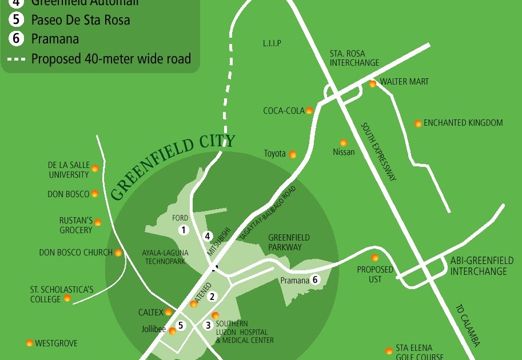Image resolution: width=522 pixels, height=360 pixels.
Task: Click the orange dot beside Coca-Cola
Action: (309, 111)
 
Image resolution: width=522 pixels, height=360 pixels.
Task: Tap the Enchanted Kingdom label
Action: (463, 123)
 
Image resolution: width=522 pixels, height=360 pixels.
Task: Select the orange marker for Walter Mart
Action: (373, 84)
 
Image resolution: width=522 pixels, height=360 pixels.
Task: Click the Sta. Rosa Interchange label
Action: (354, 58)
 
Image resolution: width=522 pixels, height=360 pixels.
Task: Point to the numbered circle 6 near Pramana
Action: (314, 279)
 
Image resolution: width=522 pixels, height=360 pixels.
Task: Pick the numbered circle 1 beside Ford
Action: (184, 230)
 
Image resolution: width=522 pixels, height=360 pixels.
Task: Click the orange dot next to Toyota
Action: (293, 154)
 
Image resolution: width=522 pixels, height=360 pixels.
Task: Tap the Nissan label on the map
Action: (344, 152)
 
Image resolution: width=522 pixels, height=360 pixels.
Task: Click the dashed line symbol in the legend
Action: (17, 59)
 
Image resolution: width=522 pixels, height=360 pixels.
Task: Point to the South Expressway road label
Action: (378, 151)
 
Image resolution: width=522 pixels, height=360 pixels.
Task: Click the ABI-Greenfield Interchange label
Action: (481, 266)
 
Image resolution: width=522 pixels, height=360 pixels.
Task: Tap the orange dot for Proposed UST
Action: (375, 258)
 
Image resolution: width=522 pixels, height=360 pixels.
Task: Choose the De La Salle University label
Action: (69, 170)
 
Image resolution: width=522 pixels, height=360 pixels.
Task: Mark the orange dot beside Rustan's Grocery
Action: (98, 222)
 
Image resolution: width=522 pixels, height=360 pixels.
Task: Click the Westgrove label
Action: (56, 343)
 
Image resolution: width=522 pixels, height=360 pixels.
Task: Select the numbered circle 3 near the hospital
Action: (208, 325)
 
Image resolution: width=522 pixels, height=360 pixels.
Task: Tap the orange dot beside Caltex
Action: (169, 312)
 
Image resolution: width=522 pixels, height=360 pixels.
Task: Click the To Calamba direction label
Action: (467, 325)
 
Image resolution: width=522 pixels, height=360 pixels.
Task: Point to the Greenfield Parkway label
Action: (289, 242)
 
